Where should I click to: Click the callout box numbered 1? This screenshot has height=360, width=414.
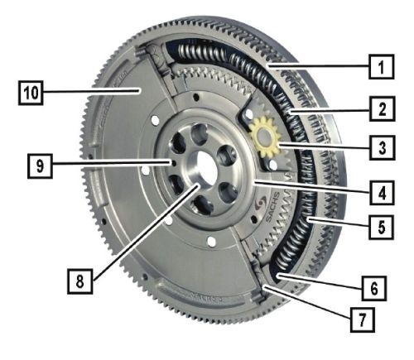[x=382, y=67]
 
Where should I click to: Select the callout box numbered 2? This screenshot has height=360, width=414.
[x=383, y=108]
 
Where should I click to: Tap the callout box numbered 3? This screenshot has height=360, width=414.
[x=383, y=148]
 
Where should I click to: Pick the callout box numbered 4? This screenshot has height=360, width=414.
[x=383, y=192]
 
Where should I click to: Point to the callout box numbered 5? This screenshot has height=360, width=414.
[x=382, y=227]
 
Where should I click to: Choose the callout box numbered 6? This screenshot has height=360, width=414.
[x=374, y=288]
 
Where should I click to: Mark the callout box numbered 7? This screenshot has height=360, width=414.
[x=363, y=319]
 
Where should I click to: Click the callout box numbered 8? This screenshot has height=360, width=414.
[x=80, y=281]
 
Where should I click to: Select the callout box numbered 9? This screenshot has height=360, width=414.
[x=40, y=166]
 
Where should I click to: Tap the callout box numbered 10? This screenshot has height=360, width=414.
[x=31, y=93]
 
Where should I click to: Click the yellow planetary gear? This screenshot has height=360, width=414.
[x=265, y=137]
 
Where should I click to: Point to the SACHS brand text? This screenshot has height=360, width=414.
[x=272, y=207]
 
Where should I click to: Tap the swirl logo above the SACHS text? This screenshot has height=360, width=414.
[x=260, y=204]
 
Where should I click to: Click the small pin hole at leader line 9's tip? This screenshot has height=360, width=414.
[x=174, y=163]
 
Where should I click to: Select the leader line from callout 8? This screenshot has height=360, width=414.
[x=147, y=233]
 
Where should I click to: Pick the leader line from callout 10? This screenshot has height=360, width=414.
[x=91, y=91]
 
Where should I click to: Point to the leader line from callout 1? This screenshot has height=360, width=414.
[x=318, y=66]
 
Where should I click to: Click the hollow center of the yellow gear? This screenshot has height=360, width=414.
[x=264, y=136]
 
